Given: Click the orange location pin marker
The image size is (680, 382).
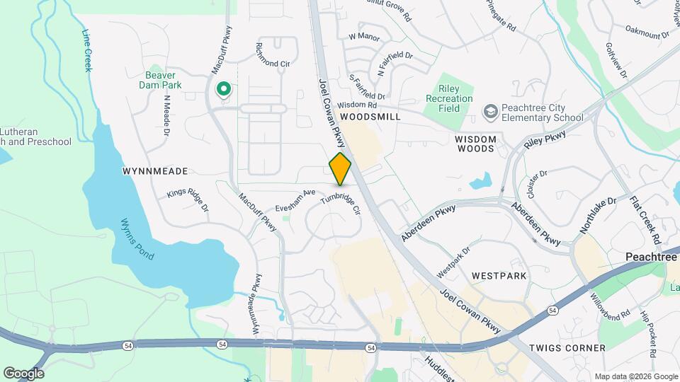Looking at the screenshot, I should (341, 168).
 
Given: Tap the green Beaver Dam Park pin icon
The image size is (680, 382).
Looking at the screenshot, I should (224, 89).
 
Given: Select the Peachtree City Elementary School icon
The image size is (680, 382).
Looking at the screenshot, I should (490, 112).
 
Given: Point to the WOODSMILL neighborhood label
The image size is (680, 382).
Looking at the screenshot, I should (370, 116).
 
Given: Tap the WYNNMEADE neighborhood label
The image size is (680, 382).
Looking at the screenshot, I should (155, 171).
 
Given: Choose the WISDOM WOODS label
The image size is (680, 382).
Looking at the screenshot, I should (475, 144).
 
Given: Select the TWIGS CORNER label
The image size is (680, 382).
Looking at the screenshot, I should (567, 348).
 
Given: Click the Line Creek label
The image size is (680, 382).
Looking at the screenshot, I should (88, 50).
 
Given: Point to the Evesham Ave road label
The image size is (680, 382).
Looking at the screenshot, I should (295, 197).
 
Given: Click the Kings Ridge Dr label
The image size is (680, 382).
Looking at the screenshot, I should (188, 200).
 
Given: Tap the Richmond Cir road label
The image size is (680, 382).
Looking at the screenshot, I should (273, 54).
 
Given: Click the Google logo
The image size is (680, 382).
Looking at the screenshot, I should (23, 373).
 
